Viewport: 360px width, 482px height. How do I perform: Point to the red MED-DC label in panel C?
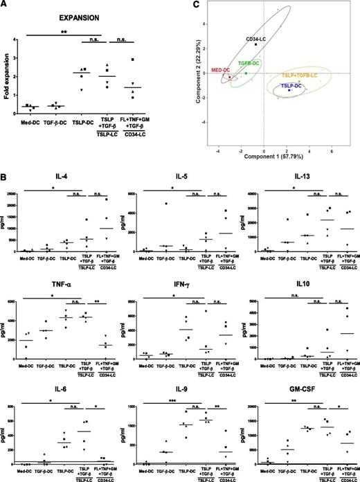click(221, 69)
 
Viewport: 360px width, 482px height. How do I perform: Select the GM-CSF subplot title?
click(300, 388)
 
